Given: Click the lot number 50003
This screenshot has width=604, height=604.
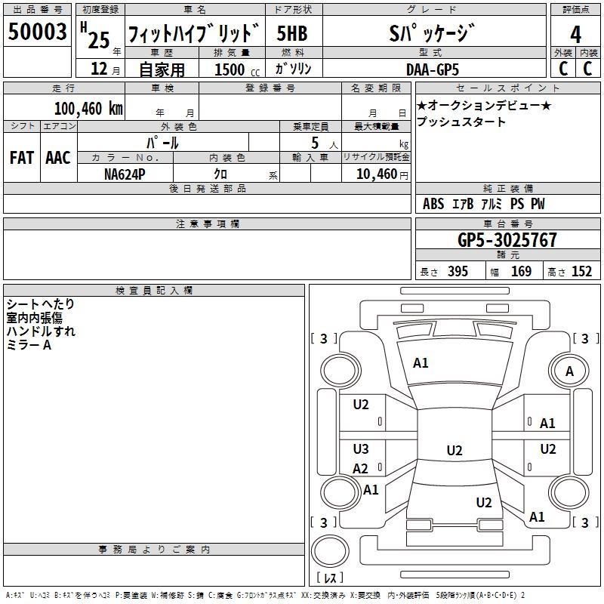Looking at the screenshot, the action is click(x=37, y=32).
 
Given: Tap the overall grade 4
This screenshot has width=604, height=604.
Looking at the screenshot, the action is click(x=575, y=34).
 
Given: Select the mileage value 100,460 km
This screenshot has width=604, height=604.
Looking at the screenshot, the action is click(x=88, y=109).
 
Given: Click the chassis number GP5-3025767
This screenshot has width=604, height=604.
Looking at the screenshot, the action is click(x=507, y=240).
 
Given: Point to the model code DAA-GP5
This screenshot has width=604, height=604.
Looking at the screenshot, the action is click(x=433, y=69).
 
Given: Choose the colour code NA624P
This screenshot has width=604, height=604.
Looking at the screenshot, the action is click(x=125, y=174).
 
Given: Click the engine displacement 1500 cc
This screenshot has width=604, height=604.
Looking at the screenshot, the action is click(x=237, y=69).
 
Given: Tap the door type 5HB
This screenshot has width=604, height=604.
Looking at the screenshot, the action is click(x=292, y=33).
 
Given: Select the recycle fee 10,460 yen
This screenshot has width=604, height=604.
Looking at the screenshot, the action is click(x=382, y=174).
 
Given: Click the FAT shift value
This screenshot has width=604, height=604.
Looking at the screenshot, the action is click(x=22, y=158).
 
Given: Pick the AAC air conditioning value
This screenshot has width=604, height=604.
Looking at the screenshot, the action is click(x=58, y=158).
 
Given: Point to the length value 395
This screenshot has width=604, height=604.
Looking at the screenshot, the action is click(x=458, y=271).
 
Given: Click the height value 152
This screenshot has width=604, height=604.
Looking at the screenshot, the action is click(x=581, y=271).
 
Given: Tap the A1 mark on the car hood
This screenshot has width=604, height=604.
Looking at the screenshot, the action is click(x=421, y=363).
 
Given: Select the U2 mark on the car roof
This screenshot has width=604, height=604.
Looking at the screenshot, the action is click(x=455, y=450).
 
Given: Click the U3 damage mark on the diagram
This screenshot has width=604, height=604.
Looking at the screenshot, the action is click(x=361, y=448).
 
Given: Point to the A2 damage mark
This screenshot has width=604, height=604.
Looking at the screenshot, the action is click(x=361, y=469).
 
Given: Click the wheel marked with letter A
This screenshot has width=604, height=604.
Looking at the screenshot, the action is click(x=569, y=371).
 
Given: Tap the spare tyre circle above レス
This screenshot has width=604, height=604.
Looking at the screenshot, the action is click(x=330, y=551).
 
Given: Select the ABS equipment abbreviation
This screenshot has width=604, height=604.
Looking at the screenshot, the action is click(x=433, y=204).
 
